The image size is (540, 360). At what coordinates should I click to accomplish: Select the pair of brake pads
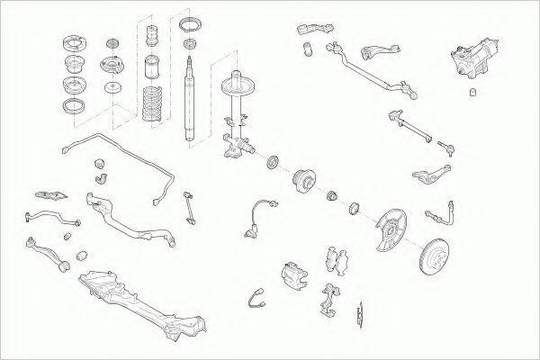pos(340,258)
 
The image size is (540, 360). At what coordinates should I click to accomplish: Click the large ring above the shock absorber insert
pos(190,22)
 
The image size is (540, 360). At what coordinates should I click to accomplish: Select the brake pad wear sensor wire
pos(259,299)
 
